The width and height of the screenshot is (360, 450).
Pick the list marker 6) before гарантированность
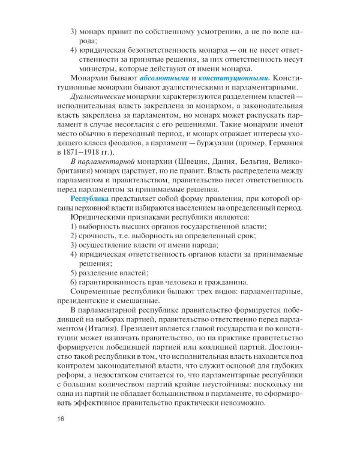(x=74, y=283)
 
